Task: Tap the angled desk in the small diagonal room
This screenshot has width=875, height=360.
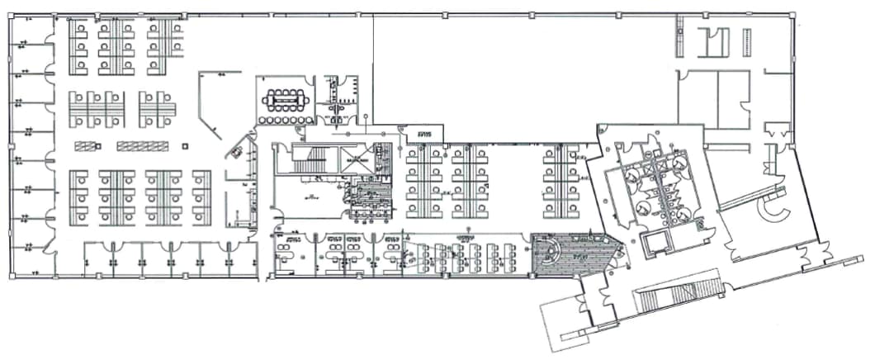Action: click(238, 151)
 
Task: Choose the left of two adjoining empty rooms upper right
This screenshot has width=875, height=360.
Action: click(697, 99)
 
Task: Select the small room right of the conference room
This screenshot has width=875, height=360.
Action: click(341, 98)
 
